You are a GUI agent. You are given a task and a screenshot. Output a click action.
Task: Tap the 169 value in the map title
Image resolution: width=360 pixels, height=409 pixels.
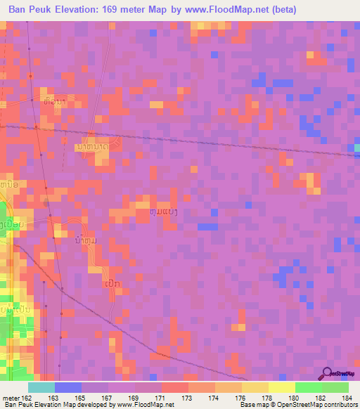(124, 10)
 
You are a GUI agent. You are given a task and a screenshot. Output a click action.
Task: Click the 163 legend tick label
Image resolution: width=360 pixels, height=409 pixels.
(54, 397)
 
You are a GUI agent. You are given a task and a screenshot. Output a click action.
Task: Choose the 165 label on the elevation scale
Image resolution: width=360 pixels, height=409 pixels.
(81, 397)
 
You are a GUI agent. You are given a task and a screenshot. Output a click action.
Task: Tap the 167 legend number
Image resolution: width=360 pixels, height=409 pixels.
(108, 397)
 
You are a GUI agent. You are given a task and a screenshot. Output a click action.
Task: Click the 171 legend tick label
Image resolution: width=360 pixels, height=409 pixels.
(161, 397)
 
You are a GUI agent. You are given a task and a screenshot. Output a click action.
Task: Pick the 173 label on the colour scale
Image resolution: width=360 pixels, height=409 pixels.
(188, 397)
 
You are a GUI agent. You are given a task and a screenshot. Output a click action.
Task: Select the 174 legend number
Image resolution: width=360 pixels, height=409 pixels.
(214, 397)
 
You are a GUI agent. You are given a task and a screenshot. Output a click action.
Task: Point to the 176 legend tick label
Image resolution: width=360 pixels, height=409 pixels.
(241, 397)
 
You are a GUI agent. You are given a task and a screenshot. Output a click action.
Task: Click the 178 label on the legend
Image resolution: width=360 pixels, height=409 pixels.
(268, 397)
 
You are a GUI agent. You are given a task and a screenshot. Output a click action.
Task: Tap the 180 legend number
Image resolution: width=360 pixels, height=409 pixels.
(295, 397)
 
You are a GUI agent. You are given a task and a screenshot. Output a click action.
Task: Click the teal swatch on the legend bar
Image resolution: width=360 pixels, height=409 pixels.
(41, 387)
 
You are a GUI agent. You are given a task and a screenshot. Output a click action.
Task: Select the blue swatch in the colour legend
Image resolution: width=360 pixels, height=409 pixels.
(67, 387)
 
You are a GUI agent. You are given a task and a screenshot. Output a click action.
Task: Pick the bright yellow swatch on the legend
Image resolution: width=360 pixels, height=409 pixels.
(281, 387)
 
